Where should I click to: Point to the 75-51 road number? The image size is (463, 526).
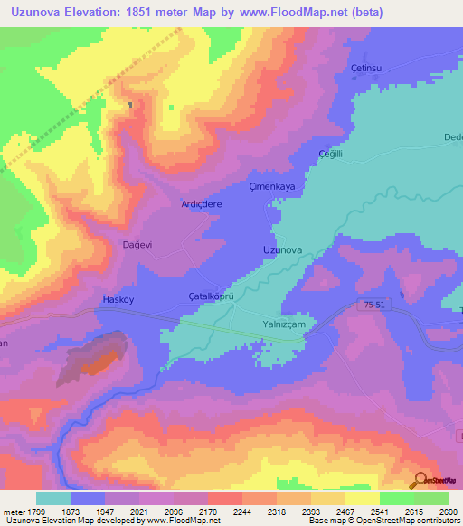click(362, 306)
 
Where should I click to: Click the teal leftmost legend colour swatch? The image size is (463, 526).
click(52, 498)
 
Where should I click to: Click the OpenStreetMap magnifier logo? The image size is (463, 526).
click(420, 480)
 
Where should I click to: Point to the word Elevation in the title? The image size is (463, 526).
click(98, 12)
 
